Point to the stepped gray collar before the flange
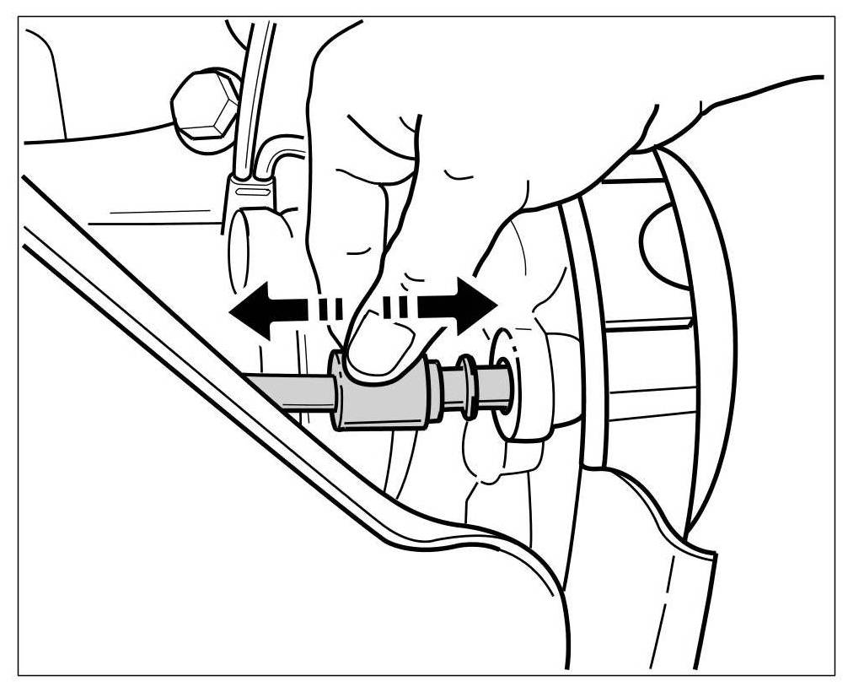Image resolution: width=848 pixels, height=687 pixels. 436,393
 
